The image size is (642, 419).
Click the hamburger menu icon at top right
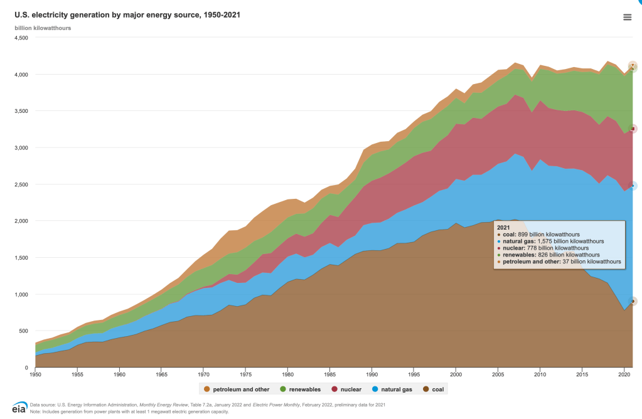pyautogui.click(x=627, y=17)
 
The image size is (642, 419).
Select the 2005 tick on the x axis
pyautogui.click(x=498, y=375)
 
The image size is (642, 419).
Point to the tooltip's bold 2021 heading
pyautogui.click(x=503, y=227)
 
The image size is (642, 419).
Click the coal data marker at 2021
pyautogui.click(x=633, y=301)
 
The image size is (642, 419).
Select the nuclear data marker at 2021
pyautogui.click(x=633, y=129)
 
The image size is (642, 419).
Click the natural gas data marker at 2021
pyautogui.click(x=633, y=186)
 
